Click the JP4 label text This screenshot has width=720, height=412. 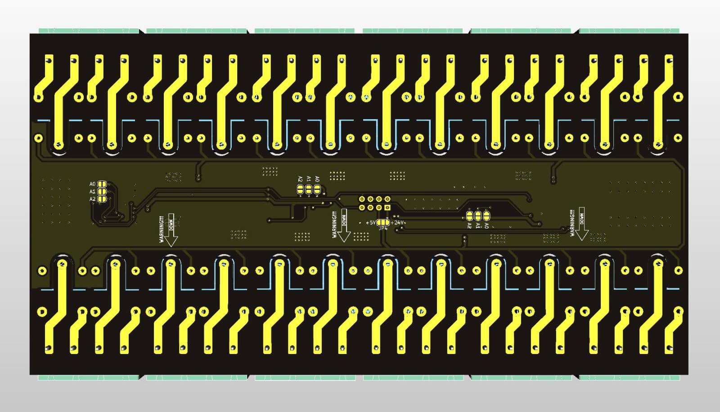coord(383,228)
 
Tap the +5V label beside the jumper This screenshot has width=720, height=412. coord(371,223)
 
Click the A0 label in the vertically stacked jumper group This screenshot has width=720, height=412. coord(92,184)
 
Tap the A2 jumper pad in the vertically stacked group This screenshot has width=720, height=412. coord(102,198)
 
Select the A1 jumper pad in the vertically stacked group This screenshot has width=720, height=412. coord(102,191)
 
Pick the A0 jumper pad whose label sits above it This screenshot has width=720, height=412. coord(317,190)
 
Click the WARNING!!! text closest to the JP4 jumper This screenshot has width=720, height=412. coord(334,224)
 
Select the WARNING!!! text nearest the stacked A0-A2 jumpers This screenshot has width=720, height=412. coord(162,229)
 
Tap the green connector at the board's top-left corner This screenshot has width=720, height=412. coord(88,31)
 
